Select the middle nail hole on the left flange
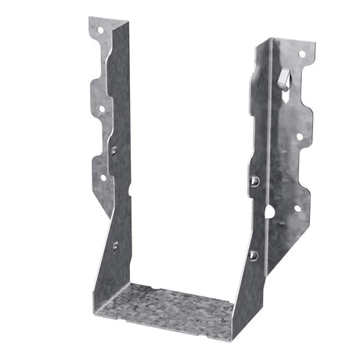pos(100,109)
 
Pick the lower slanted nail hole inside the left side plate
pos(116,245)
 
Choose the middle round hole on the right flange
pos(300,136)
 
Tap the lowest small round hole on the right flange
pos(297,208)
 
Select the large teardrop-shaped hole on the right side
pos(269,211)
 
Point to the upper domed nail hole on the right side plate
pos(255,182)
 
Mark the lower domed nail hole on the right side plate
pos(253,255)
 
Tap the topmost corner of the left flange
pos(91,18)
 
